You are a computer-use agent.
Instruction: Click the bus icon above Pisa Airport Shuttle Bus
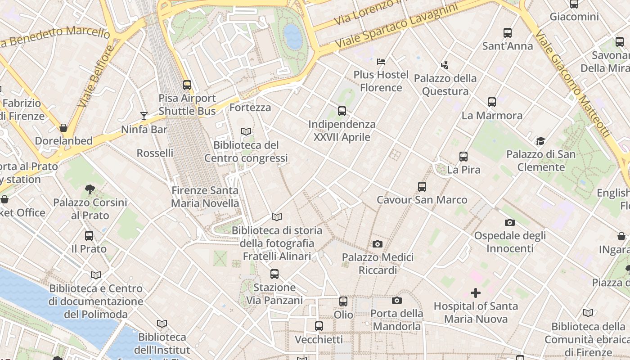[x=187, y=85]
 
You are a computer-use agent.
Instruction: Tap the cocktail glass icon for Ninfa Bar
[x=144, y=116]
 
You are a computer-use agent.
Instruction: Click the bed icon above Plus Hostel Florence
[x=381, y=61]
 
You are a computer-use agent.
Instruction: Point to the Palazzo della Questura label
[x=445, y=85]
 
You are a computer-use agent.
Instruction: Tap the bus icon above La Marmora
[x=492, y=102]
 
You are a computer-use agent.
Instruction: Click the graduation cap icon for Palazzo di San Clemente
[x=540, y=141]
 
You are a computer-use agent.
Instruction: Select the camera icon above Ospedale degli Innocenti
[x=510, y=222]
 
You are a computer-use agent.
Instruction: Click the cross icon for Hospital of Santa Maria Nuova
[x=476, y=293]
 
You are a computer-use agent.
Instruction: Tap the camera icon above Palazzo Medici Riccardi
[x=378, y=244]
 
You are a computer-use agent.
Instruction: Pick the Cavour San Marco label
[x=422, y=200]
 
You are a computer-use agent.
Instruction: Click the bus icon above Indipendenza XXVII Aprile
[x=342, y=111]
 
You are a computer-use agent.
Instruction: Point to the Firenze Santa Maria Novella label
[x=205, y=197]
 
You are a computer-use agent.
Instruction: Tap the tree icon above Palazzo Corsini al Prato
[x=90, y=189]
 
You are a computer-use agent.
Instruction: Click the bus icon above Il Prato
[x=89, y=235]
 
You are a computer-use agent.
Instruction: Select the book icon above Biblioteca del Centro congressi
[x=246, y=132]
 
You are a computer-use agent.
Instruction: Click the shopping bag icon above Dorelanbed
[x=63, y=128]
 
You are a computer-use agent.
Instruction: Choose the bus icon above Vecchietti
[x=319, y=326]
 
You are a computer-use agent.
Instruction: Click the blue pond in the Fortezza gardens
[x=293, y=36]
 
